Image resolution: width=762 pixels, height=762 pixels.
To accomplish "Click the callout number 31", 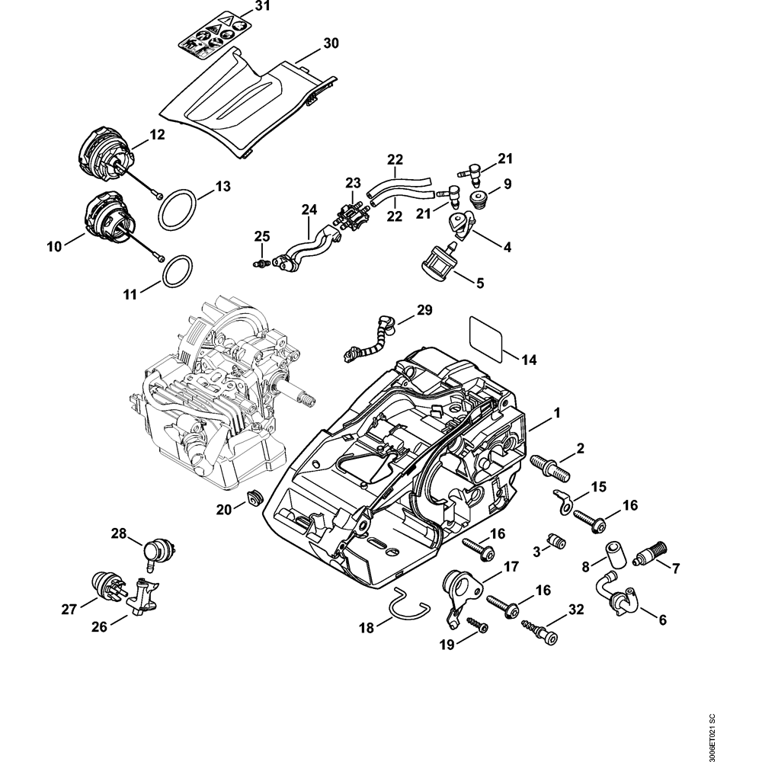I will pos(242,7).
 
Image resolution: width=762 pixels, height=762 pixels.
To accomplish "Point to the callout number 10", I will pos(54,246).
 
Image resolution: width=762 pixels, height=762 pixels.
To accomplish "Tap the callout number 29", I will pos(424,310).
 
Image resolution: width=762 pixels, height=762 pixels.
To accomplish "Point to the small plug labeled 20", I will pos(254,499).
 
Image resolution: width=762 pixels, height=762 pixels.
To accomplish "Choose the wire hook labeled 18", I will pos(407,604).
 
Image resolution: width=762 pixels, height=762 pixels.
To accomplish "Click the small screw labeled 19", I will pos(478,625).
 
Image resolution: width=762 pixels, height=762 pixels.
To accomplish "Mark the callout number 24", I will pos(308,210).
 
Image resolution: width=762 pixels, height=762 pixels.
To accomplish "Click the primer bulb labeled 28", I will pos(157,550).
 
